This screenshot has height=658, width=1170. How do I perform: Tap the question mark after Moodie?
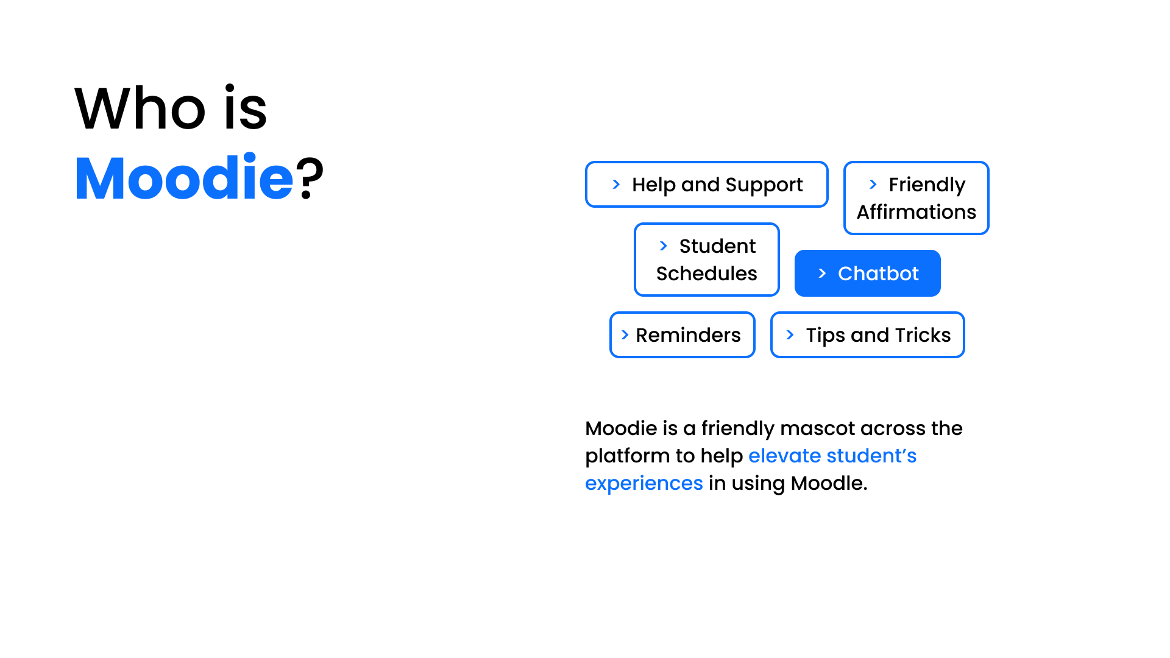(310, 179)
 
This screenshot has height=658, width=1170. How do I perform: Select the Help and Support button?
(706, 185)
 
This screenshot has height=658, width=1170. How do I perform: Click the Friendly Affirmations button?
(916, 198)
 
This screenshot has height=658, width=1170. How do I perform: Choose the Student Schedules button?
(706, 260)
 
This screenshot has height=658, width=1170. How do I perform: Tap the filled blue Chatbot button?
(867, 274)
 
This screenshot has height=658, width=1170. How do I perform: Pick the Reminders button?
(682, 335)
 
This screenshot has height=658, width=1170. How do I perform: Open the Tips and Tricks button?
(867, 335)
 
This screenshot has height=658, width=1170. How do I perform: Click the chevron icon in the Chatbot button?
(822, 274)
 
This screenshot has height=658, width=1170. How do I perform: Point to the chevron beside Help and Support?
(616, 185)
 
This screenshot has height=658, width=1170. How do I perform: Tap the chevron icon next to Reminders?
(625, 335)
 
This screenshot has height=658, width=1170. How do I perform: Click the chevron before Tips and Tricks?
(790, 335)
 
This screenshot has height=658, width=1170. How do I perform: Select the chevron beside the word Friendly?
(873, 185)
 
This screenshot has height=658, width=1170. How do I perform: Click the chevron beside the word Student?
(663, 246)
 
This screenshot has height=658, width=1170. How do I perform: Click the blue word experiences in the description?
(643, 483)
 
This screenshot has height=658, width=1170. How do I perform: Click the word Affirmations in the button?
(916, 212)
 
